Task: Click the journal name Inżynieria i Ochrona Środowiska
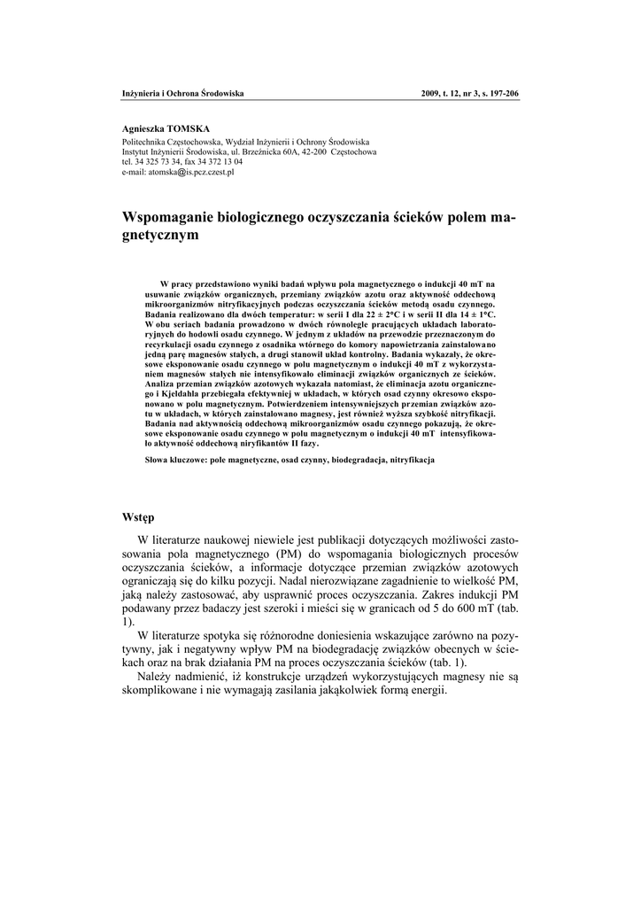(x=182, y=94)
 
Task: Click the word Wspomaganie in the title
(x=174, y=218)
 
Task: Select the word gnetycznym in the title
(x=160, y=236)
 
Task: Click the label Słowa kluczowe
(x=175, y=461)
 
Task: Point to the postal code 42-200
(x=314, y=151)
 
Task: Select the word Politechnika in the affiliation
(x=146, y=141)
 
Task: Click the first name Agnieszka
(x=141, y=129)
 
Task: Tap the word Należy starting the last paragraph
(x=159, y=676)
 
